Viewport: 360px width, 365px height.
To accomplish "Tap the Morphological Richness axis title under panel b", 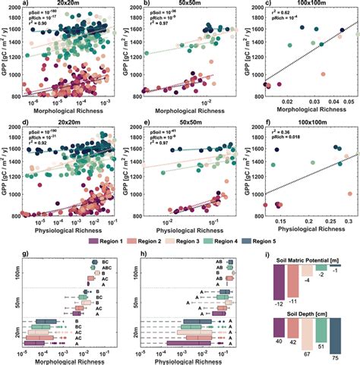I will [191, 112].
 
